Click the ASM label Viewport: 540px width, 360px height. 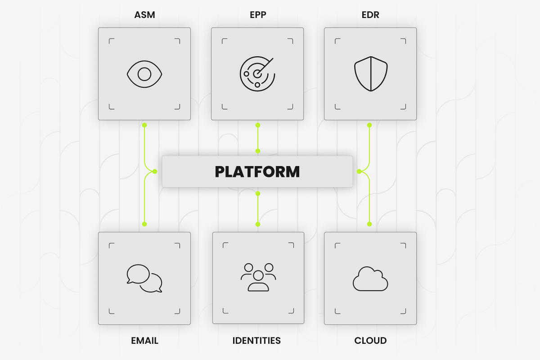(x=144, y=15)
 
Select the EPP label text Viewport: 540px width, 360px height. (x=257, y=15)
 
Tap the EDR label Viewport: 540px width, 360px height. (x=370, y=15)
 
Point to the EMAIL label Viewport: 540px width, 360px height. (x=144, y=341)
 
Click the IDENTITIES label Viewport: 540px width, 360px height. (x=256, y=341)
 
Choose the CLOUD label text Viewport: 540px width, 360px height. (x=370, y=341)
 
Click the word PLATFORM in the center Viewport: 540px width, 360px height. (x=257, y=172)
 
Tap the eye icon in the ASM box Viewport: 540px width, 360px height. (x=144, y=74)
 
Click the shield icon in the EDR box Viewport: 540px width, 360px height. (x=371, y=74)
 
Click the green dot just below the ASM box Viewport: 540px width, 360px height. (x=144, y=125)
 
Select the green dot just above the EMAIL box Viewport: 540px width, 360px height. (x=144, y=224)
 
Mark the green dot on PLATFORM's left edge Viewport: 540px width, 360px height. (x=155, y=171)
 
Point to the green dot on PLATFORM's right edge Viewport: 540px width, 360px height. (x=359, y=171)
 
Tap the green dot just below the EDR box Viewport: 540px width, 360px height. (x=369, y=125)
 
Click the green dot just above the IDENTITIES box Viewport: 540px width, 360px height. (x=258, y=224)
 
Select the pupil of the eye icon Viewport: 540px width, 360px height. (x=144, y=74)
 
